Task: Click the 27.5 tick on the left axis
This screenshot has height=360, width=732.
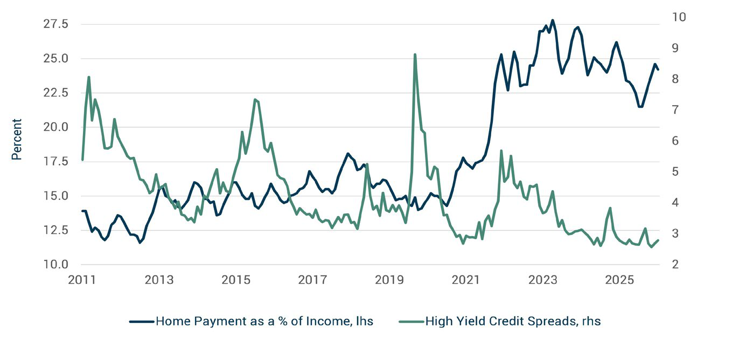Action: pos(55,24)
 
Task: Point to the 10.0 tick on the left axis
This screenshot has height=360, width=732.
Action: pos(55,264)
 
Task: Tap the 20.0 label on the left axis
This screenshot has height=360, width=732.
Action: pos(55,127)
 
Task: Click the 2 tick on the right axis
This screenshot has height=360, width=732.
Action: pos(675,264)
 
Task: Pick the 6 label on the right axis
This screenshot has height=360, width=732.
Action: pos(675,141)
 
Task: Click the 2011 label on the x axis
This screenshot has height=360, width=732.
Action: pos(82,280)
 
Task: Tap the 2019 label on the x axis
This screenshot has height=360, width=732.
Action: pos(389,280)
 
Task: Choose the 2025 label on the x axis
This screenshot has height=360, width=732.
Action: pos(619,280)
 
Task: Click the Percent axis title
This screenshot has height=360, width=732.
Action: pos(16,139)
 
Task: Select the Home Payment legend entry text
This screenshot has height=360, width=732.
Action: pos(264,321)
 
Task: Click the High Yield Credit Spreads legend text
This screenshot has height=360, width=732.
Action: pos(513,321)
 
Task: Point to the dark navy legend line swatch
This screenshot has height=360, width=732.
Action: pos(142,322)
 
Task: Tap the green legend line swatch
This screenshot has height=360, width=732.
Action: pos(411,322)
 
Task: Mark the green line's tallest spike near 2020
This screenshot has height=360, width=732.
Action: pos(415,54)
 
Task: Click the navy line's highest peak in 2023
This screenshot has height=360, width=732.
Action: pos(553,20)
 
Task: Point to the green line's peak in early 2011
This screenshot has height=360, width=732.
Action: pos(88,77)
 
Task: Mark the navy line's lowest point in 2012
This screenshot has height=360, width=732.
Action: pos(140,243)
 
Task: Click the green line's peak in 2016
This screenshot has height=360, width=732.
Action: pos(255,99)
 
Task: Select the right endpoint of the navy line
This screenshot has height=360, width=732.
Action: pos(658,70)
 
